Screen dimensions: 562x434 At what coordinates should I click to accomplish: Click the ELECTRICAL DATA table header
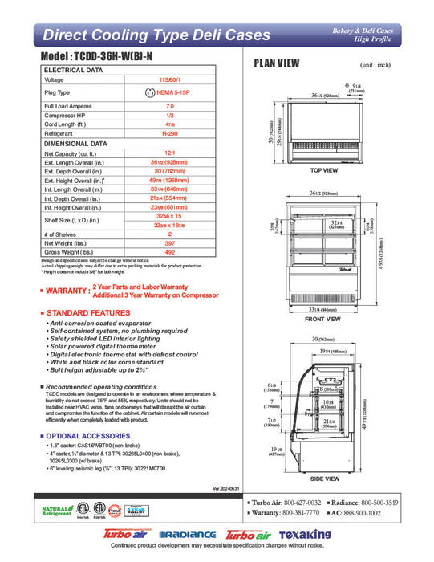(x=73, y=71)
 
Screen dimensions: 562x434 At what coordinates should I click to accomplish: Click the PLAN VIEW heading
(x=277, y=63)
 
